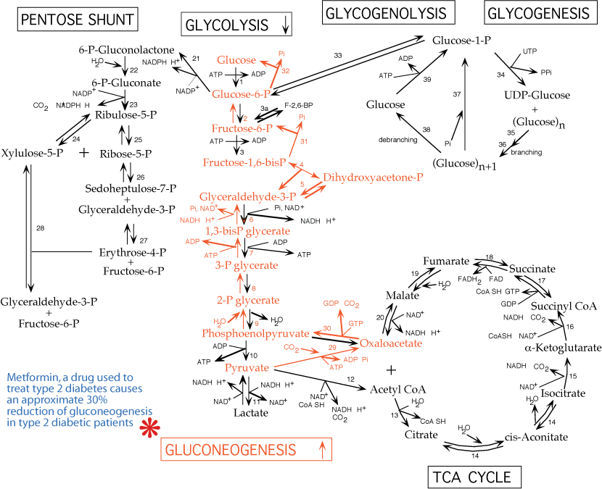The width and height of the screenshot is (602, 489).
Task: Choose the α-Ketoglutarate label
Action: click(x=563, y=347)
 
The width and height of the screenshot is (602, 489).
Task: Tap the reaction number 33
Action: click(x=338, y=56)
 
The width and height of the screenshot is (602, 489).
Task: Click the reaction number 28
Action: click(x=40, y=228)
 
